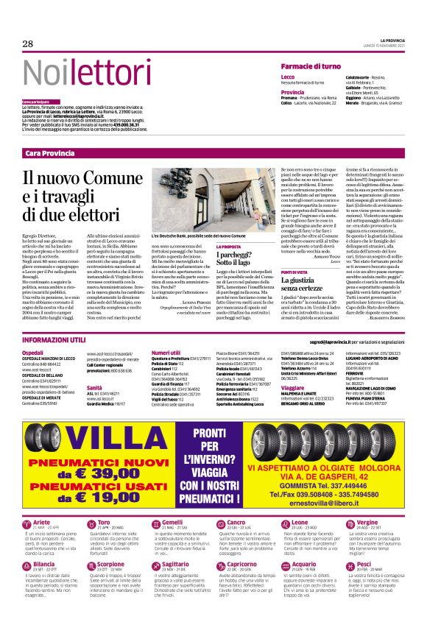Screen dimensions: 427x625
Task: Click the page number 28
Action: tap(28, 44)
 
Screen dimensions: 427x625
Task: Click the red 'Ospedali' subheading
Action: tap(33, 353)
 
